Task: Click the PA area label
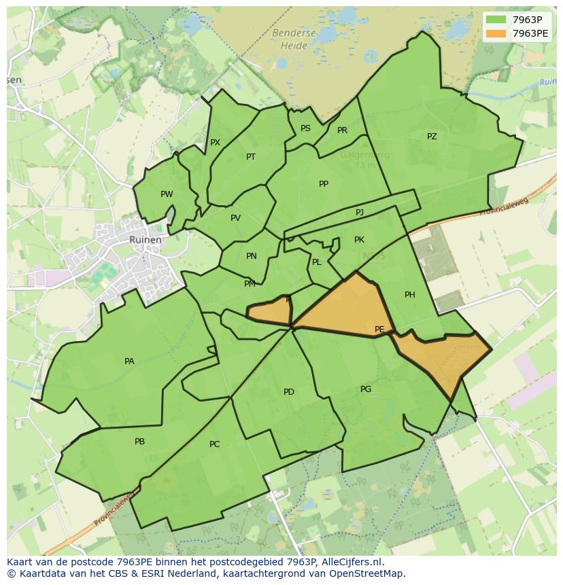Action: (x=129, y=361)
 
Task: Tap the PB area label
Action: (x=139, y=442)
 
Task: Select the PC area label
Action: (x=214, y=444)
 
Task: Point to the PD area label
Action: (x=289, y=392)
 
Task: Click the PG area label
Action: (x=366, y=389)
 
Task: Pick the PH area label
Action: (x=409, y=295)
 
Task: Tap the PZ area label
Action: (x=432, y=137)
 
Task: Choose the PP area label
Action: (x=324, y=184)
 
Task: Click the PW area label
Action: (x=167, y=194)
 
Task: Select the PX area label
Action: (x=215, y=143)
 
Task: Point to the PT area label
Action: (x=251, y=157)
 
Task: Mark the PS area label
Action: (x=305, y=128)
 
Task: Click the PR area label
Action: (x=342, y=130)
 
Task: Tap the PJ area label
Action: (x=360, y=213)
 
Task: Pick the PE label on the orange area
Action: (x=379, y=330)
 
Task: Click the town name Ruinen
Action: (x=146, y=240)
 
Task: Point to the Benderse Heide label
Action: (x=294, y=39)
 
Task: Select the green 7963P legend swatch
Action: (x=496, y=20)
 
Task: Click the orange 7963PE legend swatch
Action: (x=496, y=33)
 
